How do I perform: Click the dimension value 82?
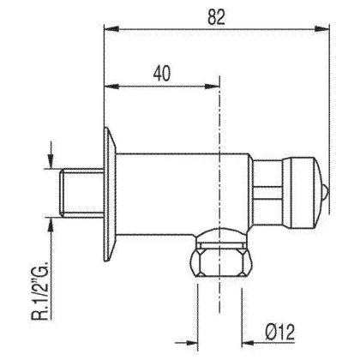tap(217, 16)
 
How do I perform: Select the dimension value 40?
tap(162, 74)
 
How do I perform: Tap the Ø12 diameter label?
tap(280, 333)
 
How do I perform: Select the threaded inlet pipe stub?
tap(81, 193)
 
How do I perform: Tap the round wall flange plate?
tap(110, 195)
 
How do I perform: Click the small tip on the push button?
tap(326, 192)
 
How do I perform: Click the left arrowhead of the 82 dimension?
tap(111, 28)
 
